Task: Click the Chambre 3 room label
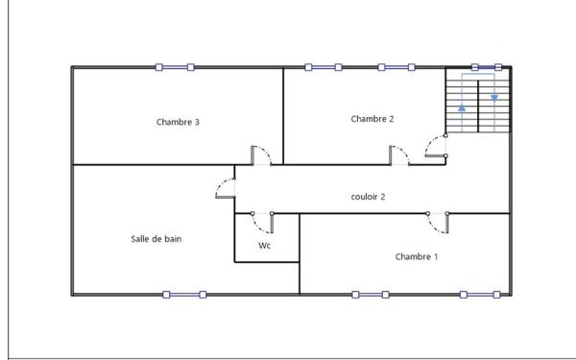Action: (178, 122)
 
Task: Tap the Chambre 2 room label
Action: (372, 119)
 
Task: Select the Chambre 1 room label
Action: (417, 256)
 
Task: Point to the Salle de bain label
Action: (156, 239)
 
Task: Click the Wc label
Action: (265, 246)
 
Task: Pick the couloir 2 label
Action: (368, 197)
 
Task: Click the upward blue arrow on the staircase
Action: (462, 108)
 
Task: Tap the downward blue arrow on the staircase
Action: (494, 98)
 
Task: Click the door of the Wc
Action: (262, 223)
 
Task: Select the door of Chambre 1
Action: (438, 223)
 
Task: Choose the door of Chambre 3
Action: (261, 156)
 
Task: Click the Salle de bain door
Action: (226, 188)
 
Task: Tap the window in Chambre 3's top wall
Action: (175, 67)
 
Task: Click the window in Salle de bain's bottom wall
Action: (184, 295)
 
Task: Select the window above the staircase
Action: (487, 67)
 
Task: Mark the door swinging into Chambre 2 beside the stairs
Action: (436, 146)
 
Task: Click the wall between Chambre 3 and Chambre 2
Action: (283, 116)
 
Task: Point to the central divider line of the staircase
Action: (478, 107)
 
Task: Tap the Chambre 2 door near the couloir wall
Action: (399, 156)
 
